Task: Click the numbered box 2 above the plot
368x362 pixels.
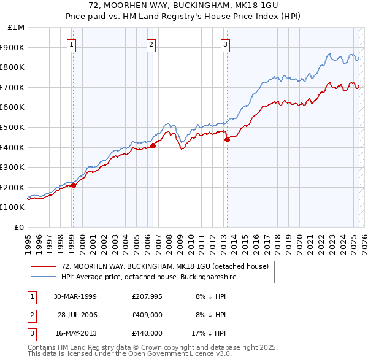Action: [x=151, y=44]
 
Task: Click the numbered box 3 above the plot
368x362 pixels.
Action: [x=225, y=44]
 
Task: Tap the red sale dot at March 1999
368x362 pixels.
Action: [x=73, y=185]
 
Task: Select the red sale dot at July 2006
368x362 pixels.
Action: [x=153, y=145]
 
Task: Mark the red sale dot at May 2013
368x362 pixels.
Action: [x=227, y=139]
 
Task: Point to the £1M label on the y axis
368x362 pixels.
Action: [x=17, y=28]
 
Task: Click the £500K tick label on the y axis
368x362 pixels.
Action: [x=13, y=127]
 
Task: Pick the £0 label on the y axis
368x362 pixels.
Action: [x=19, y=227]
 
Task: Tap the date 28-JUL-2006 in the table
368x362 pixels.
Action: [x=77, y=315]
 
